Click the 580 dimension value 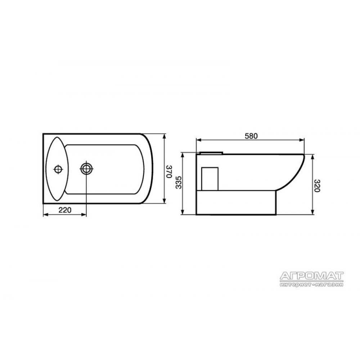[251, 136]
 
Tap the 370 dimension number [170, 171]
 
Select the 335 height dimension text [179, 183]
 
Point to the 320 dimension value [317, 185]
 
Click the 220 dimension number [65, 210]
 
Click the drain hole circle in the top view [86, 169]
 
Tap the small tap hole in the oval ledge [58, 170]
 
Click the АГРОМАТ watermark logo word [312, 276]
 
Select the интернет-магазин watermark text [312, 285]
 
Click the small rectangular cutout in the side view [210, 179]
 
